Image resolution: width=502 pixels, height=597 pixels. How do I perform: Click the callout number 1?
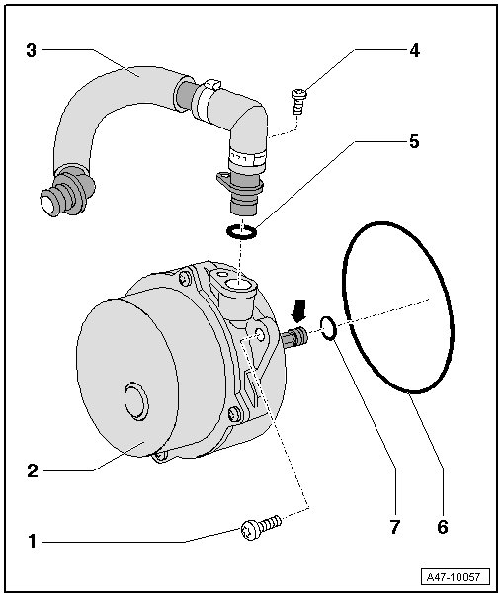coord(33,541)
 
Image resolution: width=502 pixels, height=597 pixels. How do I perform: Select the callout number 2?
coord(33,470)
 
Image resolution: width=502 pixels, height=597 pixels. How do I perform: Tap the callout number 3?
coord(32,50)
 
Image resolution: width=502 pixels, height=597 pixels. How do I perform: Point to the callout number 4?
coord(414,50)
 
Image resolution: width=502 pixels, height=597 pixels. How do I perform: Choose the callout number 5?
coord(414,141)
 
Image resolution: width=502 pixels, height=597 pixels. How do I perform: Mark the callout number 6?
coord(443,527)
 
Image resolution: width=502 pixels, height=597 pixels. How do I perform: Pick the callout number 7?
coord(394,527)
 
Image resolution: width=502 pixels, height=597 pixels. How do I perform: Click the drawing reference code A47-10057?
coord(454,577)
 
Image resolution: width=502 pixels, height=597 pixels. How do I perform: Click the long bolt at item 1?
coord(261,527)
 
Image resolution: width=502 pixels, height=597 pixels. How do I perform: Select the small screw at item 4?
coord(298,100)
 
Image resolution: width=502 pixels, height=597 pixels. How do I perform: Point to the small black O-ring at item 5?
coord(241,231)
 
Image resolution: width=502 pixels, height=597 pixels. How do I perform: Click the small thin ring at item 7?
coord(328,327)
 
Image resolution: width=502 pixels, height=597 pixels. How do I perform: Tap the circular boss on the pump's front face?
coord(136,401)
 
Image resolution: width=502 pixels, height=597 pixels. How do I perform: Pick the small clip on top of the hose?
coord(212,84)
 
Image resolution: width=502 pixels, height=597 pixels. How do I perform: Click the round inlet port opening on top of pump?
coord(237,284)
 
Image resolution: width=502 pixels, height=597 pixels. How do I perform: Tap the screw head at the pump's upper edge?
coord(185,280)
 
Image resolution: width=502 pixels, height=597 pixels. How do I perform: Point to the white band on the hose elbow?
coord(247,160)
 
